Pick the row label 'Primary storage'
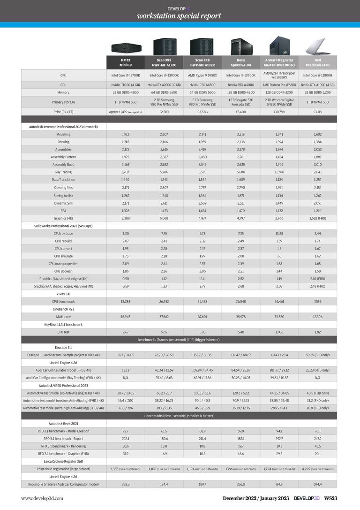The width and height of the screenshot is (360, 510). pyautogui.click(x=63, y=101)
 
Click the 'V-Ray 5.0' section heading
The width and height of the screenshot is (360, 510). pyautogui.click(x=63, y=293)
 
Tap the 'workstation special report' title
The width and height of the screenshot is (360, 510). pyautogui.click(x=179, y=16)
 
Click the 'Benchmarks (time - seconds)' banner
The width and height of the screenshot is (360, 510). pyautogui.click(x=179, y=415)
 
